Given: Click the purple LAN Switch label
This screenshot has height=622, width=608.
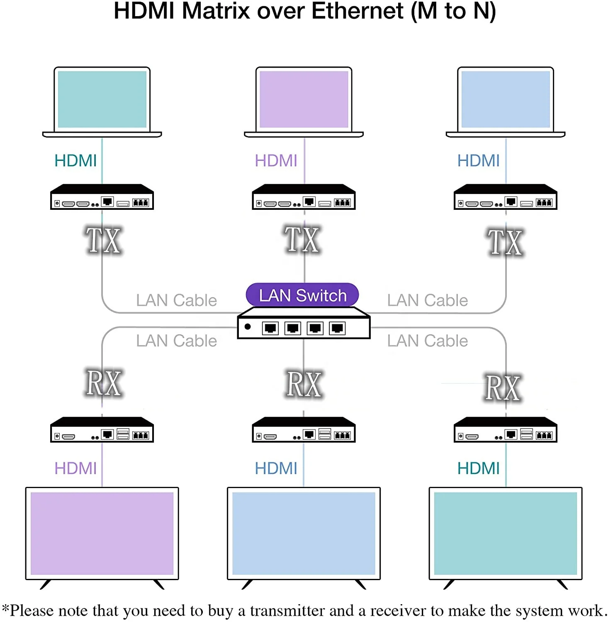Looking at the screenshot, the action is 302,295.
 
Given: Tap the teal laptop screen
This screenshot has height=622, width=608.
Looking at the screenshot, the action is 102,100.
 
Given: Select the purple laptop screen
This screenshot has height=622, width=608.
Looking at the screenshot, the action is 304,100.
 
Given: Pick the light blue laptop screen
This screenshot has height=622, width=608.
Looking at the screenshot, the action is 506,100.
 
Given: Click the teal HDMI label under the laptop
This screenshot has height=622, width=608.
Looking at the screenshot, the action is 75,161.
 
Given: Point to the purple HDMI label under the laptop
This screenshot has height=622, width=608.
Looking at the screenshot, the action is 276,161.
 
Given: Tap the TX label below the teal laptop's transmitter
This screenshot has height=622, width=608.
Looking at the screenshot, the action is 103,240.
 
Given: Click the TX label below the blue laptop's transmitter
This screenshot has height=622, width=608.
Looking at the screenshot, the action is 505,243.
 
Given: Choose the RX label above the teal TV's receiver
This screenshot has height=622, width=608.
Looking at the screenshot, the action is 503,388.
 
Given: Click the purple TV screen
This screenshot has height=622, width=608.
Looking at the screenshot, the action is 102,533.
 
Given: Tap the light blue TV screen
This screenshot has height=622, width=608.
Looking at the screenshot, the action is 304,533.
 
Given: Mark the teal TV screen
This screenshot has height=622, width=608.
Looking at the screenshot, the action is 506,533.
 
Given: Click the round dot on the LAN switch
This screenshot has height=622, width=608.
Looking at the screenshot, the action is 248,327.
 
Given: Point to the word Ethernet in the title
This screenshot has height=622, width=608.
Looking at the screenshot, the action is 358,11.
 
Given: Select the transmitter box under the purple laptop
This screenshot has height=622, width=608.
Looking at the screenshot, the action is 304,197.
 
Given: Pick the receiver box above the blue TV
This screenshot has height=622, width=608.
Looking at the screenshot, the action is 304,430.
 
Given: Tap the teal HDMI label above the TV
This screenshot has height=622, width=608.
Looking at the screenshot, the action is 478,469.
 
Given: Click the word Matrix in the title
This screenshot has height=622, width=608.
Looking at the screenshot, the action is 216,11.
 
